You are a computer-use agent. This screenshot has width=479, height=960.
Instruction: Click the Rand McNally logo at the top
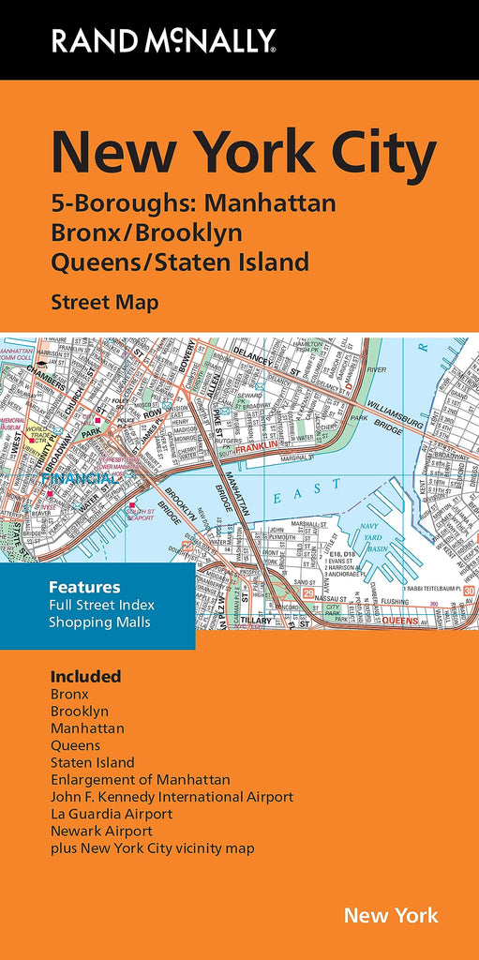163,39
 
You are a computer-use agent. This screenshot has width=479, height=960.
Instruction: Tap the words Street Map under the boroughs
104,302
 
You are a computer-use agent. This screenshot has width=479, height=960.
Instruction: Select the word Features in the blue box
84,587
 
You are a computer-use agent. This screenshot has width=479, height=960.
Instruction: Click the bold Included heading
85,676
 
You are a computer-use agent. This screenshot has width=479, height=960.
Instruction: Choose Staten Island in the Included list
92,762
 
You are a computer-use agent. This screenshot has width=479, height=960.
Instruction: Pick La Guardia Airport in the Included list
112,814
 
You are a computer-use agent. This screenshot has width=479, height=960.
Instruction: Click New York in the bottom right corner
391,915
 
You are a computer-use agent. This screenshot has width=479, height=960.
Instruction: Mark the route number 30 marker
469,590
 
